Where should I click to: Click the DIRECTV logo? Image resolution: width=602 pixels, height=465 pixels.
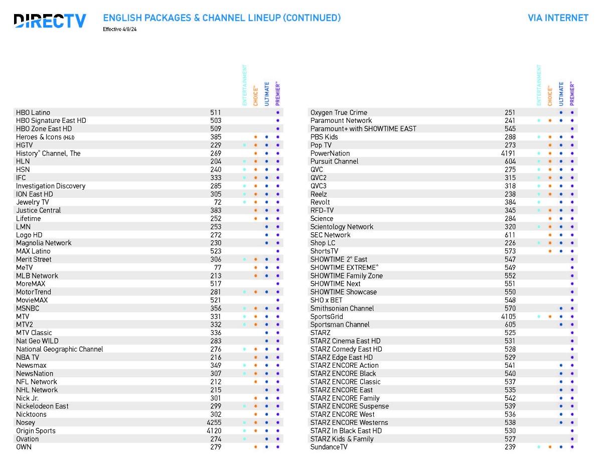tap(50, 21)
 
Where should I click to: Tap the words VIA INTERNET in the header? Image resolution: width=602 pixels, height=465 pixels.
tap(558, 18)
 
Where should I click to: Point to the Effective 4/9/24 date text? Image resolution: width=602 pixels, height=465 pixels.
tap(120, 30)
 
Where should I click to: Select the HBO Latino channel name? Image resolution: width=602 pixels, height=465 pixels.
tap(33, 112)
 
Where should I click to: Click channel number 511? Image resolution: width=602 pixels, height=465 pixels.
tap(215, 112)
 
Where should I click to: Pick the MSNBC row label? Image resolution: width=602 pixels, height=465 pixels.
tap(28, 308)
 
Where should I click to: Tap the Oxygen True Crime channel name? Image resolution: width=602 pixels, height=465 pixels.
tap(339, 112)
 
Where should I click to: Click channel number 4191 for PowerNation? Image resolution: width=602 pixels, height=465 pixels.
tap(508, 153)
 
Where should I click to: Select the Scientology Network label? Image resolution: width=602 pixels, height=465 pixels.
tap(342, 227)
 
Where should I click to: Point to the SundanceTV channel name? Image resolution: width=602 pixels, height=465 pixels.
tap(329, 447)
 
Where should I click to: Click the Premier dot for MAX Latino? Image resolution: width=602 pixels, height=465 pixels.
tap(277, 251)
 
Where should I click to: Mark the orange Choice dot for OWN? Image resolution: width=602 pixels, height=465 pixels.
tap(255, 447)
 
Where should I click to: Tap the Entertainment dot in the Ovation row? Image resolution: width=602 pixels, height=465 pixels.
tap(244, 439)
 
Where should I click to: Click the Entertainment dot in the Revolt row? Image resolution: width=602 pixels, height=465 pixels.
tap(539, 202)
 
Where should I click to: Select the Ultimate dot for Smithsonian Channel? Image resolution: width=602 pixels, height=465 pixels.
tap(561, 308)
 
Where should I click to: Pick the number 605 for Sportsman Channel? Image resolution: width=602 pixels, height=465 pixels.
tap(510, 325)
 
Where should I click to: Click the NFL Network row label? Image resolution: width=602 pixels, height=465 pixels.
tap(37, 382)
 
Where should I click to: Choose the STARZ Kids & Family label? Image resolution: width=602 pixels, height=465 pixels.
tap(342, 439)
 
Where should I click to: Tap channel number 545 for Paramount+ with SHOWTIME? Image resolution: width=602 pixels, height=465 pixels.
tap(510, 129)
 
